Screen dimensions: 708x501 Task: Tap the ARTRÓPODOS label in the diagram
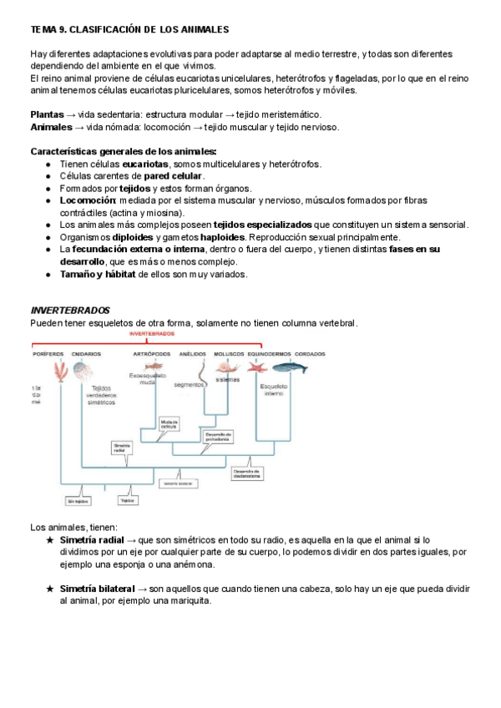coord(151,354)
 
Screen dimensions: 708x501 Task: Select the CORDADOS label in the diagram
coord(310,354)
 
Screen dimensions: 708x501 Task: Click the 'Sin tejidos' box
coord(78,501)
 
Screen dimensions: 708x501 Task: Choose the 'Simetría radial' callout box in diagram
coord(122,447)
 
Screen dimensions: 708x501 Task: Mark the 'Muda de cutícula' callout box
coord(170,422)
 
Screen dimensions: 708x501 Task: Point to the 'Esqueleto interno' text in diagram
coord(273,389)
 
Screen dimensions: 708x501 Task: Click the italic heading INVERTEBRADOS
coord(70,311)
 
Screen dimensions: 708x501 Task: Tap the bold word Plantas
coord(47,114)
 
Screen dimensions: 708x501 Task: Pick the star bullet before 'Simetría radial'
coord(50,541)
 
